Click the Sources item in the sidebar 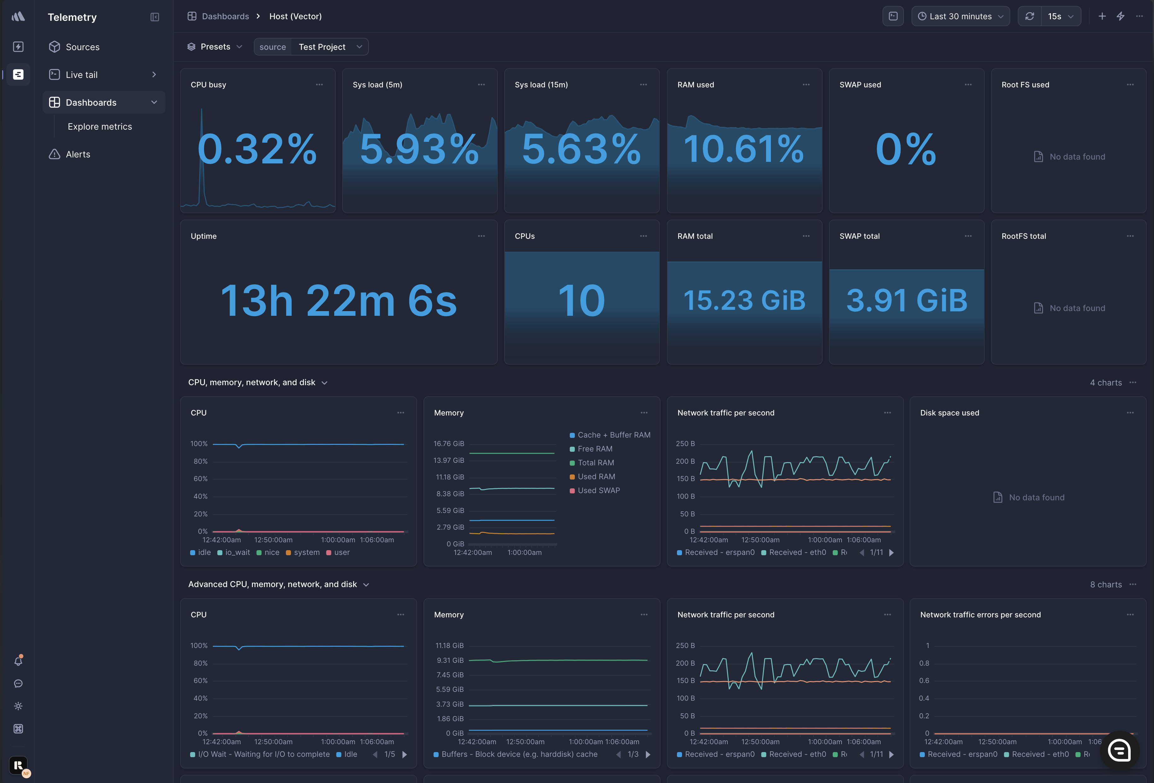click(x=82, y=47)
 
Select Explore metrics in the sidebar click(x=100, y=127)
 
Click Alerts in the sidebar click(x=78, y=155)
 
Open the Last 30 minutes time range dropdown click(x=960, y=16)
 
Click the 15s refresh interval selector click(x=1060, y=16)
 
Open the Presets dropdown click(x=215, y=47)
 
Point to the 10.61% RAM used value click(x=743, y=149)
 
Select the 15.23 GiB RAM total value click(x=744, y=300)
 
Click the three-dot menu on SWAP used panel click(x=968, y=85)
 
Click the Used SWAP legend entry click(x=598, y=490)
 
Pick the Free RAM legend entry click(x=595, y=449)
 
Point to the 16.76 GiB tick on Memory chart click(x=449, y=444)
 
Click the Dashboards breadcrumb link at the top click(x=225, y=16)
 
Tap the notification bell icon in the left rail click(x=18, y=661)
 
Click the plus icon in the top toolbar click(x=1102, y=16)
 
